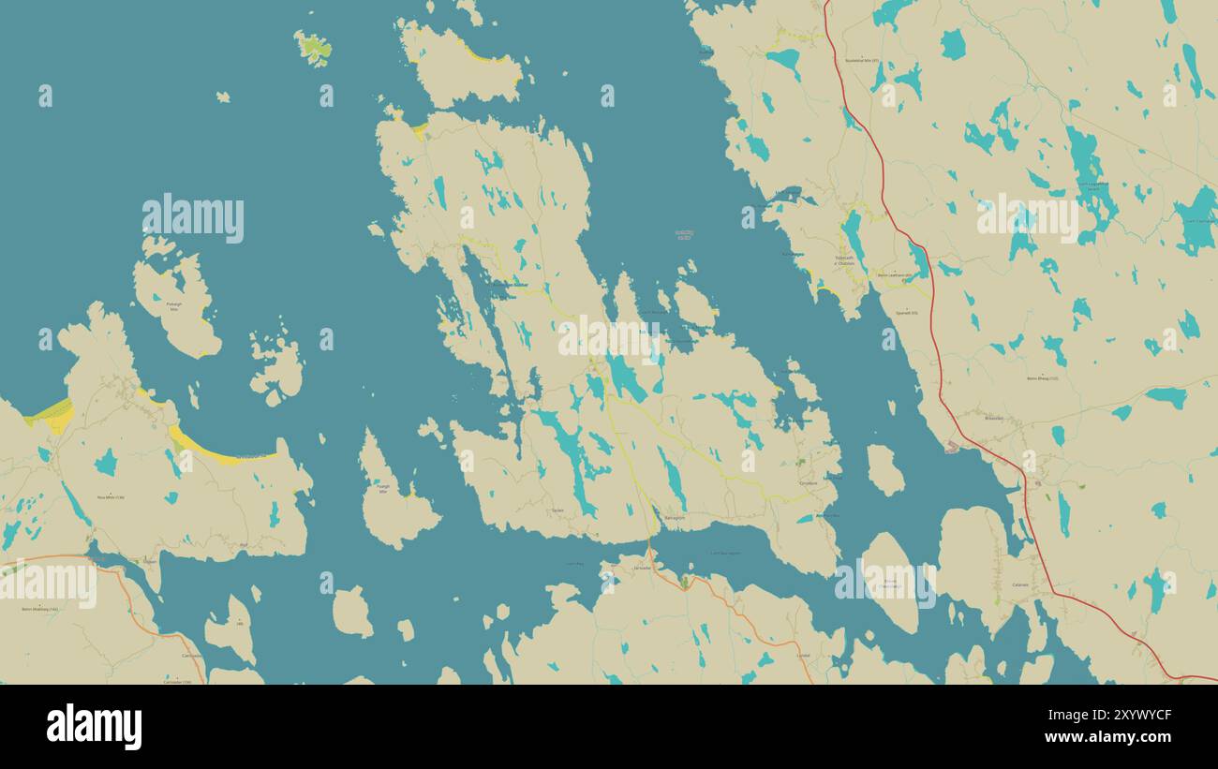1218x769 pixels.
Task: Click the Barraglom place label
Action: point(674,518)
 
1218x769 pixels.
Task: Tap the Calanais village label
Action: point(1020,585)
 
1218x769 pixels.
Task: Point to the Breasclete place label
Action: point(993,418)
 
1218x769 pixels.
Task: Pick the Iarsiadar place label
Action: point(642,569)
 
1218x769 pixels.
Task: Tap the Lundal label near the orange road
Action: point(802,656)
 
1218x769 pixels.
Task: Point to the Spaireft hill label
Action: point(906,312)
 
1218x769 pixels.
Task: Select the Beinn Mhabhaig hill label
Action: point(40,609)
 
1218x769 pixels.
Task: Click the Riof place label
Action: point(244,544)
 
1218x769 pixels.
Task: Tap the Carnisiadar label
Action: point(192,656)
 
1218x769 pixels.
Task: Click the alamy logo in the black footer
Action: point(95,727)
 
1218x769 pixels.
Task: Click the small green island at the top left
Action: point(313,48)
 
